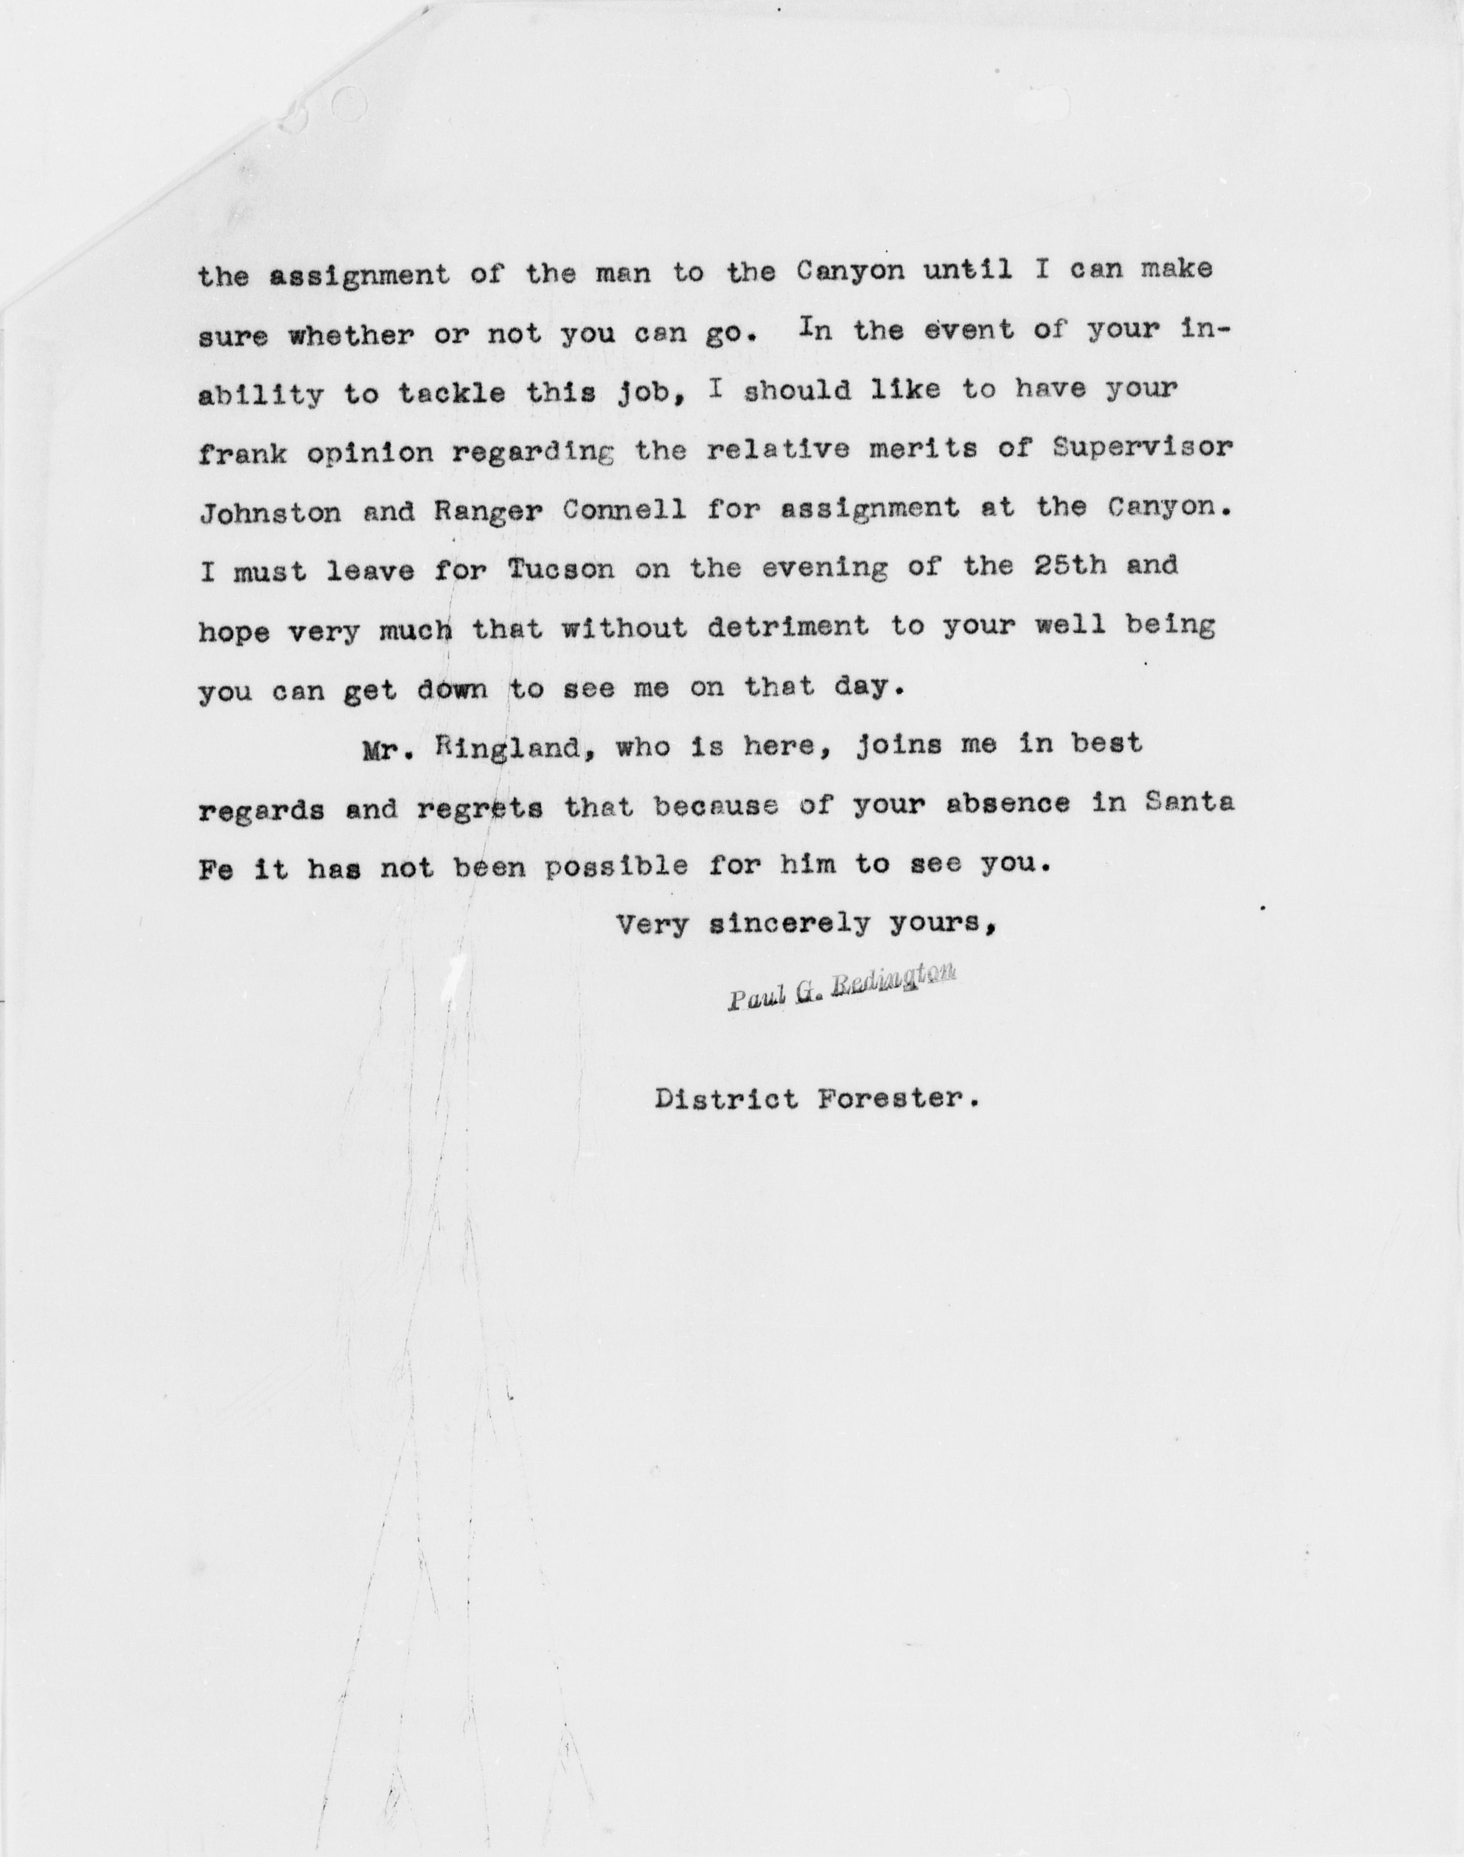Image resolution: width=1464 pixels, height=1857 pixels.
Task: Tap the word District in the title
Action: [725, 1099]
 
